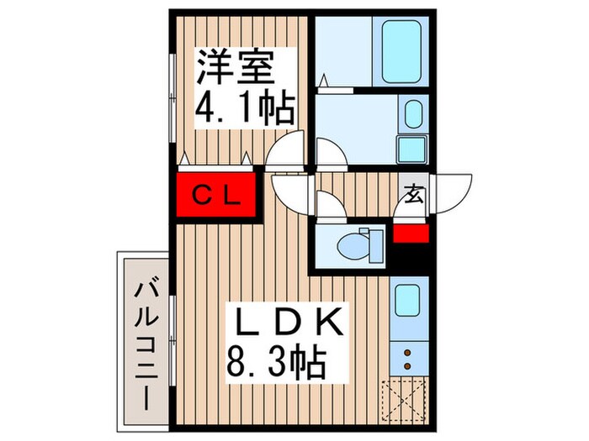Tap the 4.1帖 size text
(x=245, y=109)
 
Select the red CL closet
(x=217, y=197)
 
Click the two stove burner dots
(x=407, y=360)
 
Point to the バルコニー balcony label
(x=146, y=344)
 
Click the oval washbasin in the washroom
(x=412, y=114)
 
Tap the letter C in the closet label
(x=202, y=197)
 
